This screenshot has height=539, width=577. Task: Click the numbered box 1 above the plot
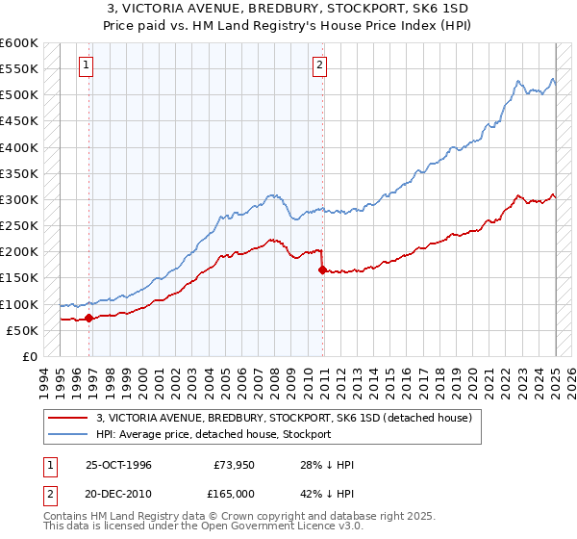tap(87, 65)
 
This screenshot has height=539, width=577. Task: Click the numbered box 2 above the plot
tap(319, 65)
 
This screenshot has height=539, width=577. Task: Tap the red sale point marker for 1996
tap(88, 317)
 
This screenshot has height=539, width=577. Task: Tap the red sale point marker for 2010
tap(322, 270)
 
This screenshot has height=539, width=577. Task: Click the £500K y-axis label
tap(19, 95)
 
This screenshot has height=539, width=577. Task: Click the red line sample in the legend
tap(67, 419)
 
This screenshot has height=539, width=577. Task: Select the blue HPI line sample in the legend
tap(67, 435)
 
